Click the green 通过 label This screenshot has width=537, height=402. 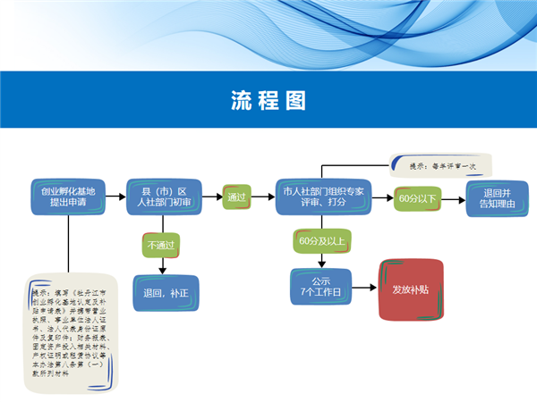pyautogui.click(x=237, y=197)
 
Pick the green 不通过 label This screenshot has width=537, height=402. pyautogui.click(x=162, y=244)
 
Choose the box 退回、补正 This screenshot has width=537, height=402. pyautogui.click(x=166, y=292)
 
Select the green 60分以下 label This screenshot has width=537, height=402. pyautogui.click(x=417, y=197)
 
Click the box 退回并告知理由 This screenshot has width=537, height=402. pyautogui.click(x=497, y=197)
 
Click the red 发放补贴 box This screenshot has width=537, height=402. pyautogui.click(x=411, y=289)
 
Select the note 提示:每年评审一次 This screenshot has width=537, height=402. pyautogui.click(x=441, y=165)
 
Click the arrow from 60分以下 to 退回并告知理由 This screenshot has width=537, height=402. pyautogui.click(x=454, y=197)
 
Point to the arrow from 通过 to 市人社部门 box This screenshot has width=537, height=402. pyautogui.click(x=263, y=197)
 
